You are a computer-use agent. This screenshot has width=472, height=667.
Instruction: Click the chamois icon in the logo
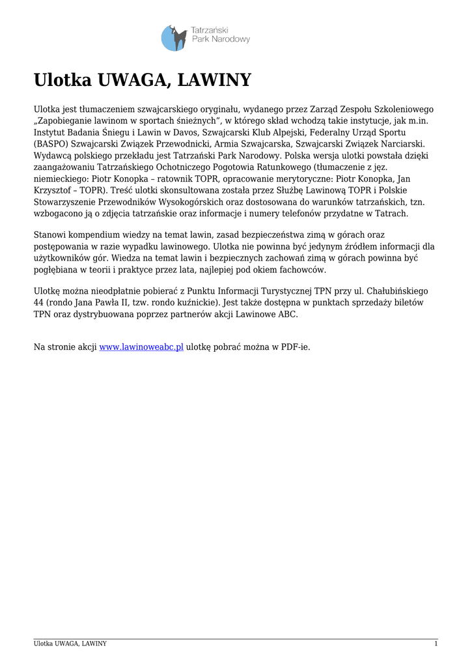pyautogui.click(x=174, y=38)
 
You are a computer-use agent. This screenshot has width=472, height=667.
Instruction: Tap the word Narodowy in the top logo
pyautogui.click(x=231, y=40)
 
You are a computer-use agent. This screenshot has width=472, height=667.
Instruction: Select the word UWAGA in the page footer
pyautogui.click(x=64, y=644)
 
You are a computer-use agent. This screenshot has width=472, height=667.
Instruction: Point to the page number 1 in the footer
pyautogui.click(x=436, y=644)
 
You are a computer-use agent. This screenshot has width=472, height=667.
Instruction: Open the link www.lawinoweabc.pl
pyautogui.click(x=141, y=347)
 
